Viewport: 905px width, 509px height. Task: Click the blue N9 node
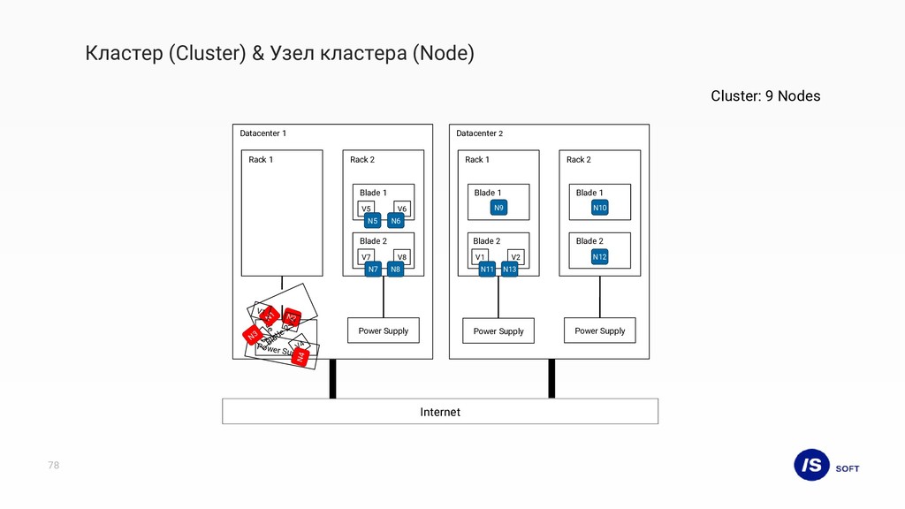coord(499,209)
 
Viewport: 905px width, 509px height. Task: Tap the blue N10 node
coord(600,209)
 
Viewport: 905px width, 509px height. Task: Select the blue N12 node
coord(600,257)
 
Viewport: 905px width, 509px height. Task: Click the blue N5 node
coord(373,221)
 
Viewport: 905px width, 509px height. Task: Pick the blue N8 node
coord(395,269)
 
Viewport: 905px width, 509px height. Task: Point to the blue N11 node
coord(487,269)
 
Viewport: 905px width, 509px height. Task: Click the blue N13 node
coord(509,269)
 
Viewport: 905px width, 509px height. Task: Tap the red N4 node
coord(300,357)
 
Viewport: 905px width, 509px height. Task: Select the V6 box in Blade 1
coord(402,208)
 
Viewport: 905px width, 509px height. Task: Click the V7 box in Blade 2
coord(366,256)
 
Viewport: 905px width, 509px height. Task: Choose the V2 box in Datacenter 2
coord(517,256)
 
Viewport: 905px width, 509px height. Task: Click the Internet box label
coord(440,412)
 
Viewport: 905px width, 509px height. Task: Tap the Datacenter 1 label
coord(263,133)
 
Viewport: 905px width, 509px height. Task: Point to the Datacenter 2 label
coord(479,133)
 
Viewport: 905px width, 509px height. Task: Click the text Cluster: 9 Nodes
coord(765,95)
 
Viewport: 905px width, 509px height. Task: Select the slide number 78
coord(54,465)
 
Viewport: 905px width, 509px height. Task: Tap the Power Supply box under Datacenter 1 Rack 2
coord(384,330)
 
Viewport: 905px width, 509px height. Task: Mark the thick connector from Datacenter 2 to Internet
coord(551,378)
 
